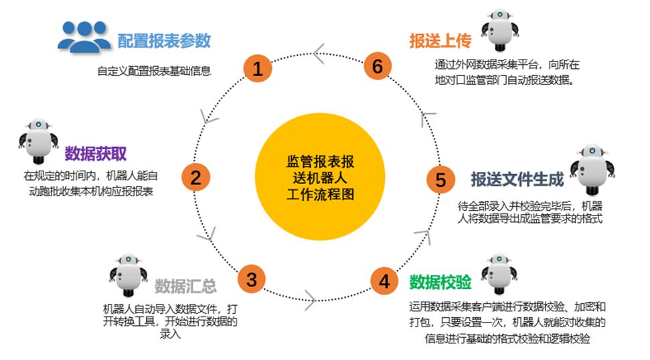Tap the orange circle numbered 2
[x=195, y=177]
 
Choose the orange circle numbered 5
[x=440, y=179]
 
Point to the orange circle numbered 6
[x=377, y=67]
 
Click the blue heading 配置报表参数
[x=164, y=41]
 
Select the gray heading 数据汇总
[x=185, y=286]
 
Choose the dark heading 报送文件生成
[x=517, y=179]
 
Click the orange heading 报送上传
[x=440, y=41]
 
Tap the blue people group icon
[x=84, y=36]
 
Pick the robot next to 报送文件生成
[x=592, y=169]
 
